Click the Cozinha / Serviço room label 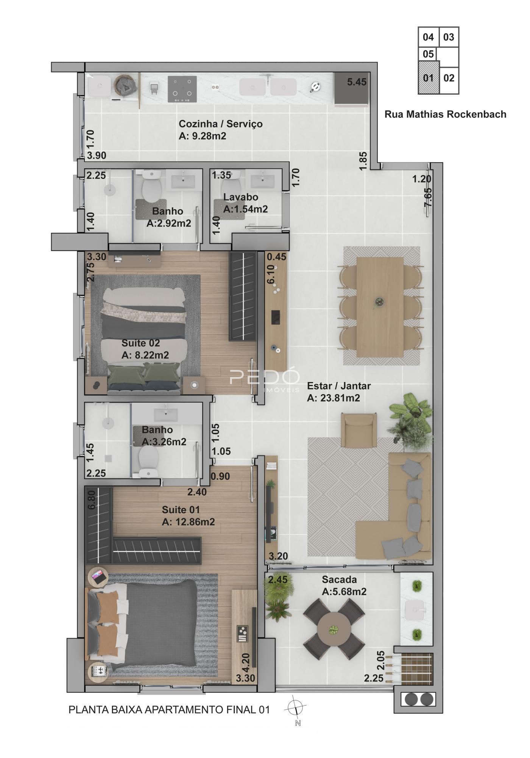pyautogui.click(x=221, y=124)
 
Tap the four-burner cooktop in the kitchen pyautogui.click(x=182, y=89)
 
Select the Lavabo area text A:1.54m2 pyautogui.click(x=246, y=209)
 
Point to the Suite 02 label pyautogui.click(x=140, y=343)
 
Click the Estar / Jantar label pyautogui.click(x=339, y=386)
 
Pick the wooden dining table pyautogui.click(x=380, y=307)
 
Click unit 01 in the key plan pyautogui.click(x=429, y=78)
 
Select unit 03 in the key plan pyautogui.click(x=449, y=37)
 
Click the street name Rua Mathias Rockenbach pyautogui.click(x=445, y=114)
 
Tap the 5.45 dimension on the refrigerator pyautogui.click(x=357, y=82)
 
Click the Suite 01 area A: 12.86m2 pyautogui.click(x=189, y=522)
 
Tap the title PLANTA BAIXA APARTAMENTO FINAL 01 pyautogui.click(x=169, y=709)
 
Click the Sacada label pyautogui.click(x=339, y=579)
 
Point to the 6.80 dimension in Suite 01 pyautogui.click(x=91, y=501)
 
